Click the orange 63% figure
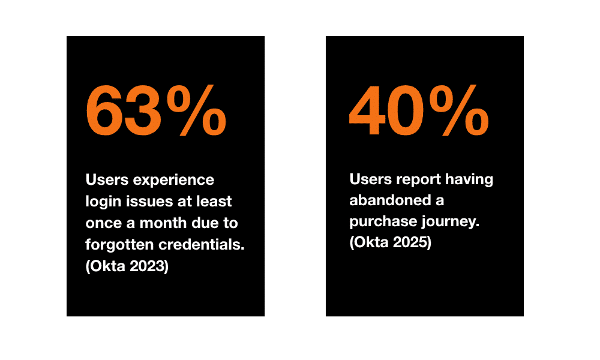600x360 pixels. click(x=156, y=110)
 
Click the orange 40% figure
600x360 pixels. click(x=419, y=110)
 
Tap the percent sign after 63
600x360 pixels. click(x=196, y=110)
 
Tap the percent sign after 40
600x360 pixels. click(x=459, y=110)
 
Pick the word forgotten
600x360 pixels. click(x=119, y=245)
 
